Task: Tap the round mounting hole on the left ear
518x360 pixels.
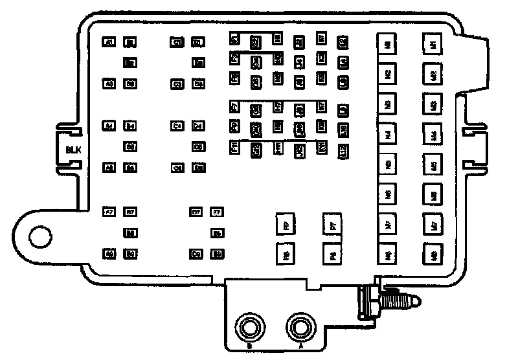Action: coord(39,238)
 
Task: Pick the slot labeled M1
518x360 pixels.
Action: coord(432,45)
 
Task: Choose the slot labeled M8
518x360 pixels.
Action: coord(432,254)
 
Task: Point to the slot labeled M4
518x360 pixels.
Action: coord(432,135)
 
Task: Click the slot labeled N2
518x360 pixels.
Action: coord(387,74)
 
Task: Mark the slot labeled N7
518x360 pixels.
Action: coord(387,225)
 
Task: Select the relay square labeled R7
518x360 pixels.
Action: coord(285,225)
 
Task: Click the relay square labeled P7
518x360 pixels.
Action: coord(332,225)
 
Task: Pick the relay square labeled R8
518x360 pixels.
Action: coord(285,254)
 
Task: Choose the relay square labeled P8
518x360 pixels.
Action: coord(332,255)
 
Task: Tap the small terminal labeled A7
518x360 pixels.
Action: coord(109,212)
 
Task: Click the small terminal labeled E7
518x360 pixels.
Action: coord(217,212)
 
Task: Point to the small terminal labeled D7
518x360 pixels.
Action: coord(196,212)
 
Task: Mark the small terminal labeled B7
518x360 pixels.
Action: coord(130,212)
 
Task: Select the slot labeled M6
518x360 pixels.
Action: coord(432,195)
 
